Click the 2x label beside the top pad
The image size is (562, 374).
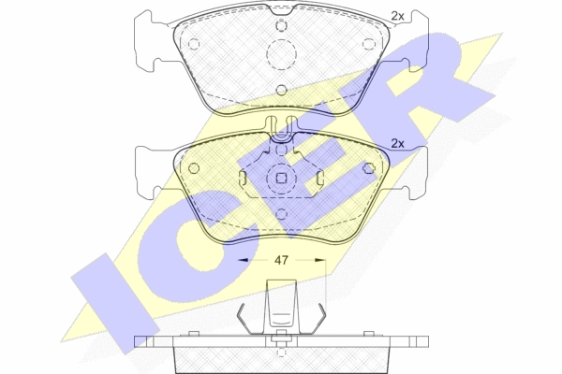pos(397,16)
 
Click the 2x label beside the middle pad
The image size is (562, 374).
pos(397,143)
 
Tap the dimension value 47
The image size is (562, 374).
pos(281,260)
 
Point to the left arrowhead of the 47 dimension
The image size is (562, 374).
pos(243,260)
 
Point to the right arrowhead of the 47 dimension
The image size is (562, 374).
pos(320,260)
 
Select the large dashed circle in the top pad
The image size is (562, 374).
pos(282,54)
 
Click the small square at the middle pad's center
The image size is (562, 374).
pos(282,178)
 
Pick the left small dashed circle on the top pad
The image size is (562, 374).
pos(194,44)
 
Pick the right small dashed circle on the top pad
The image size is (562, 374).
pos(368,44)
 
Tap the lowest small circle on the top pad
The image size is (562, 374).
pos(282,90)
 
